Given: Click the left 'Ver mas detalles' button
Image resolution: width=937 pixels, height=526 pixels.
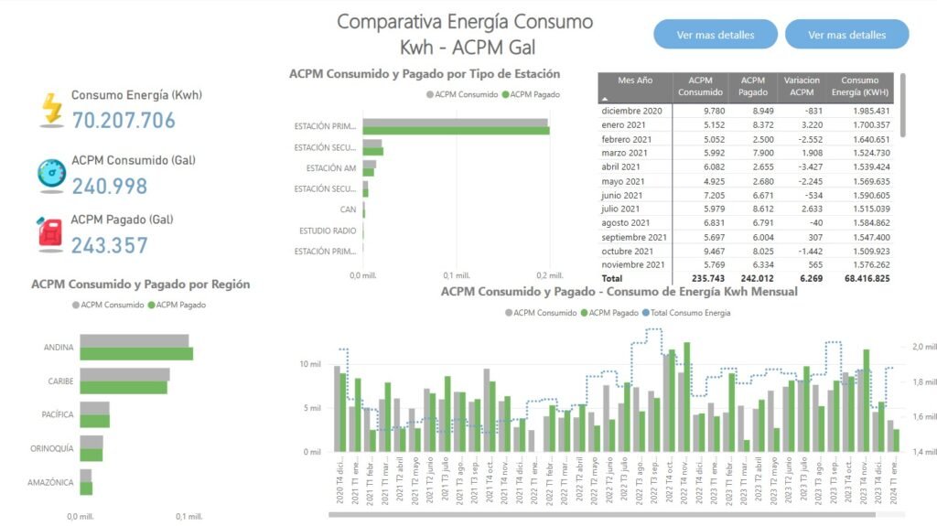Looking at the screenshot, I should pyautogui.click(x=716, y=35).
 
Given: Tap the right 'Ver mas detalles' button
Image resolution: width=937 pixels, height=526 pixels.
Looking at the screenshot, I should pyautogui.click(x=846, y=35).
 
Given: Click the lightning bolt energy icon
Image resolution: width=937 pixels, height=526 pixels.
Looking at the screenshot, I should pyautogui.click(x=52, y=109).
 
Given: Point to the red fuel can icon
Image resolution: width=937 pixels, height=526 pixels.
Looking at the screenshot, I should pyautogui.click(x=51, y=234).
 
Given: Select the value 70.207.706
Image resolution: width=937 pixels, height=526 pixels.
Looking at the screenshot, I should pyautogui.click(x=124, y=120).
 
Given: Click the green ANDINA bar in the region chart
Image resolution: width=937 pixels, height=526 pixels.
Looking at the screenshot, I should pyautogui.click(x=136, y=354).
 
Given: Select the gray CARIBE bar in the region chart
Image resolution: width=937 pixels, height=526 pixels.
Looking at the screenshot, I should pyautogui.click(x=124, y=374).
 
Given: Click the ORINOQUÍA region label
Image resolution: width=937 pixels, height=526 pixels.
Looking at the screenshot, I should pyautogui.click(x=50, y=448).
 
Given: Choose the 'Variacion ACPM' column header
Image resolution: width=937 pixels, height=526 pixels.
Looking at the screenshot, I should pyautogui.click(x=802, y=86).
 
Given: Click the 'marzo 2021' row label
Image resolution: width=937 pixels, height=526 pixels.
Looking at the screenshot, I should pyautogui.click(x=626, y=153).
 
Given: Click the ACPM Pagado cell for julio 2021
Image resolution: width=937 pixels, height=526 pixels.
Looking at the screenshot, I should pyautogui.click(x=753, y=209).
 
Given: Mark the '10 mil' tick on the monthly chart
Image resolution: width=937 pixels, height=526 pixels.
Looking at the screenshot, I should pyautogui.click(x=309, y=364).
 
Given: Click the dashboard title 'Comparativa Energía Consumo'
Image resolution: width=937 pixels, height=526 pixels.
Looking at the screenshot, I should pyautogui.click(x=465, y=22).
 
